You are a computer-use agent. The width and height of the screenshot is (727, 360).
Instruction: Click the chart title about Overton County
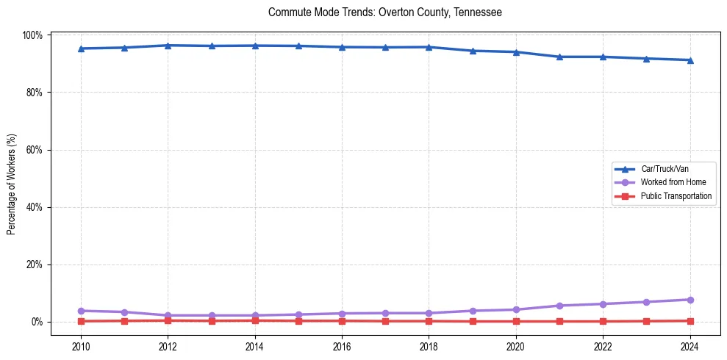click(x=385, y=12)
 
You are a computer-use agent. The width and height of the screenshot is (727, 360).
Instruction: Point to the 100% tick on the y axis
click(x=34, y=35)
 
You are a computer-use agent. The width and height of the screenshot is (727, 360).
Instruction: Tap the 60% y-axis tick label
click(x=35, y=150)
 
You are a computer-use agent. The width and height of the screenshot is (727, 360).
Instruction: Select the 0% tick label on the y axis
click(x=37, y=322)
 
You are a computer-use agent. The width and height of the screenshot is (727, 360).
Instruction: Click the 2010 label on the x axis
click(x=81, y=345)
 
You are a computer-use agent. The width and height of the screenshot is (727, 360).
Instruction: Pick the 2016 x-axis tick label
click(x=342, y=345)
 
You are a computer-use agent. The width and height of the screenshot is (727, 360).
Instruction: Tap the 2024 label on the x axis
click(x=690, y=345)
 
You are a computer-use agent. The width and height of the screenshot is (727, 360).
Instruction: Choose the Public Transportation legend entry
click(x=676, y=196)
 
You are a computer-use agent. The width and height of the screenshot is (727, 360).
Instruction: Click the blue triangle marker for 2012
click(x=168, y=46)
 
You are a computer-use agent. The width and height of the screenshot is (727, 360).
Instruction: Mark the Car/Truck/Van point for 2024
click(x=690, y=60)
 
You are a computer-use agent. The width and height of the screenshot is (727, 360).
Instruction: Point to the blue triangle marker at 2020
click(x=516, y=52)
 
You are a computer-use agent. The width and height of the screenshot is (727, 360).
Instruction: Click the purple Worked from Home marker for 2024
click(x=690, y=300)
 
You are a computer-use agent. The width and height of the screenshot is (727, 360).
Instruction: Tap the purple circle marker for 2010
click(x=81, y=311)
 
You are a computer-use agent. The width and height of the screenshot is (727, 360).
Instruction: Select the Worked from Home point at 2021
click(x=559, y=306)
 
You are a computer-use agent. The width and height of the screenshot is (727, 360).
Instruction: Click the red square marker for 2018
click(x=429, y=321)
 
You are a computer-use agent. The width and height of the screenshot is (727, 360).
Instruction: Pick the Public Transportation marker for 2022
click(x=603, y=321)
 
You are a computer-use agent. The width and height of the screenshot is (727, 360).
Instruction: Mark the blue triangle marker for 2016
click(x=342, y=47)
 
